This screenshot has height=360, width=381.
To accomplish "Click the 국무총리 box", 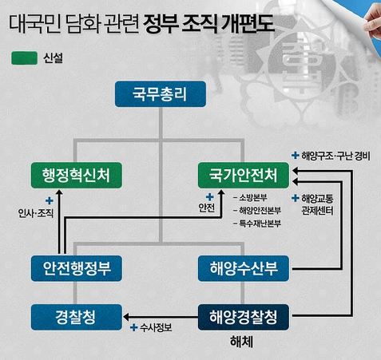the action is [161, 94].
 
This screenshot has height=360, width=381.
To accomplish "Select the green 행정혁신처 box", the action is [77, 176].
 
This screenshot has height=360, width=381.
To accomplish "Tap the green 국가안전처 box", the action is [244, 176].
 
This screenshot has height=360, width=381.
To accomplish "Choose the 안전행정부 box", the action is [77, 268].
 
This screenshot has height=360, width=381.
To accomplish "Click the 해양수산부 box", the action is [244, 268].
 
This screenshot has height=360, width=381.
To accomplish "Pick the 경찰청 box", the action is [77, 317].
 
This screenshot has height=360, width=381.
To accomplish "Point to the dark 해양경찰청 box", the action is [244, 317].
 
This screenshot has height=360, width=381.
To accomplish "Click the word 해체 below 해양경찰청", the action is [241, 342].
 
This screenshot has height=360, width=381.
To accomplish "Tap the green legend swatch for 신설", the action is [24, 58].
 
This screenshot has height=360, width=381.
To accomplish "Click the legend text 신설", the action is [53, 58].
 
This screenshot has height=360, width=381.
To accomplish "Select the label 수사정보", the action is [156, 327].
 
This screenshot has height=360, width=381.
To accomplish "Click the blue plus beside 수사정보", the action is [133, 327].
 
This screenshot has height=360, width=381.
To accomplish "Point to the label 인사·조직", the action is [36, 213].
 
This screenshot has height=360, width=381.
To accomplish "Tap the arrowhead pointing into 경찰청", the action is [126, 317].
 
